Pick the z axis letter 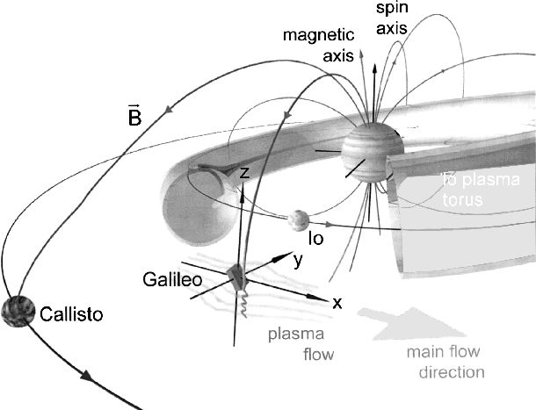click(x=245, y=174)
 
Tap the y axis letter click(x=298, y=261)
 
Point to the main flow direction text click(x=445, y=362)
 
